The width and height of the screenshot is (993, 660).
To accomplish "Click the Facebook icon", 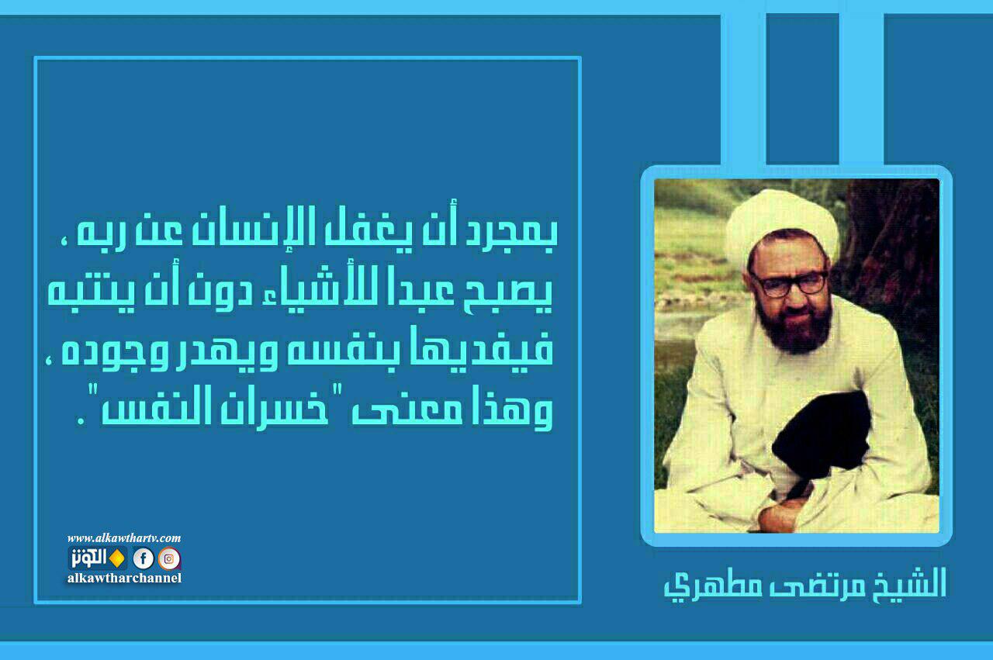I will coord(144,558).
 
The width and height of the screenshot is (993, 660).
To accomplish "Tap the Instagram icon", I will coord(169,558).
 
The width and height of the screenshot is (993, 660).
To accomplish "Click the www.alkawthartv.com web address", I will coord(124,538).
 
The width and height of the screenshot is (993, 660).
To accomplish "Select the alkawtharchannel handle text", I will coord(124,578).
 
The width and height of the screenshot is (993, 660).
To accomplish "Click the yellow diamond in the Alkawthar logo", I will coord(117,558).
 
